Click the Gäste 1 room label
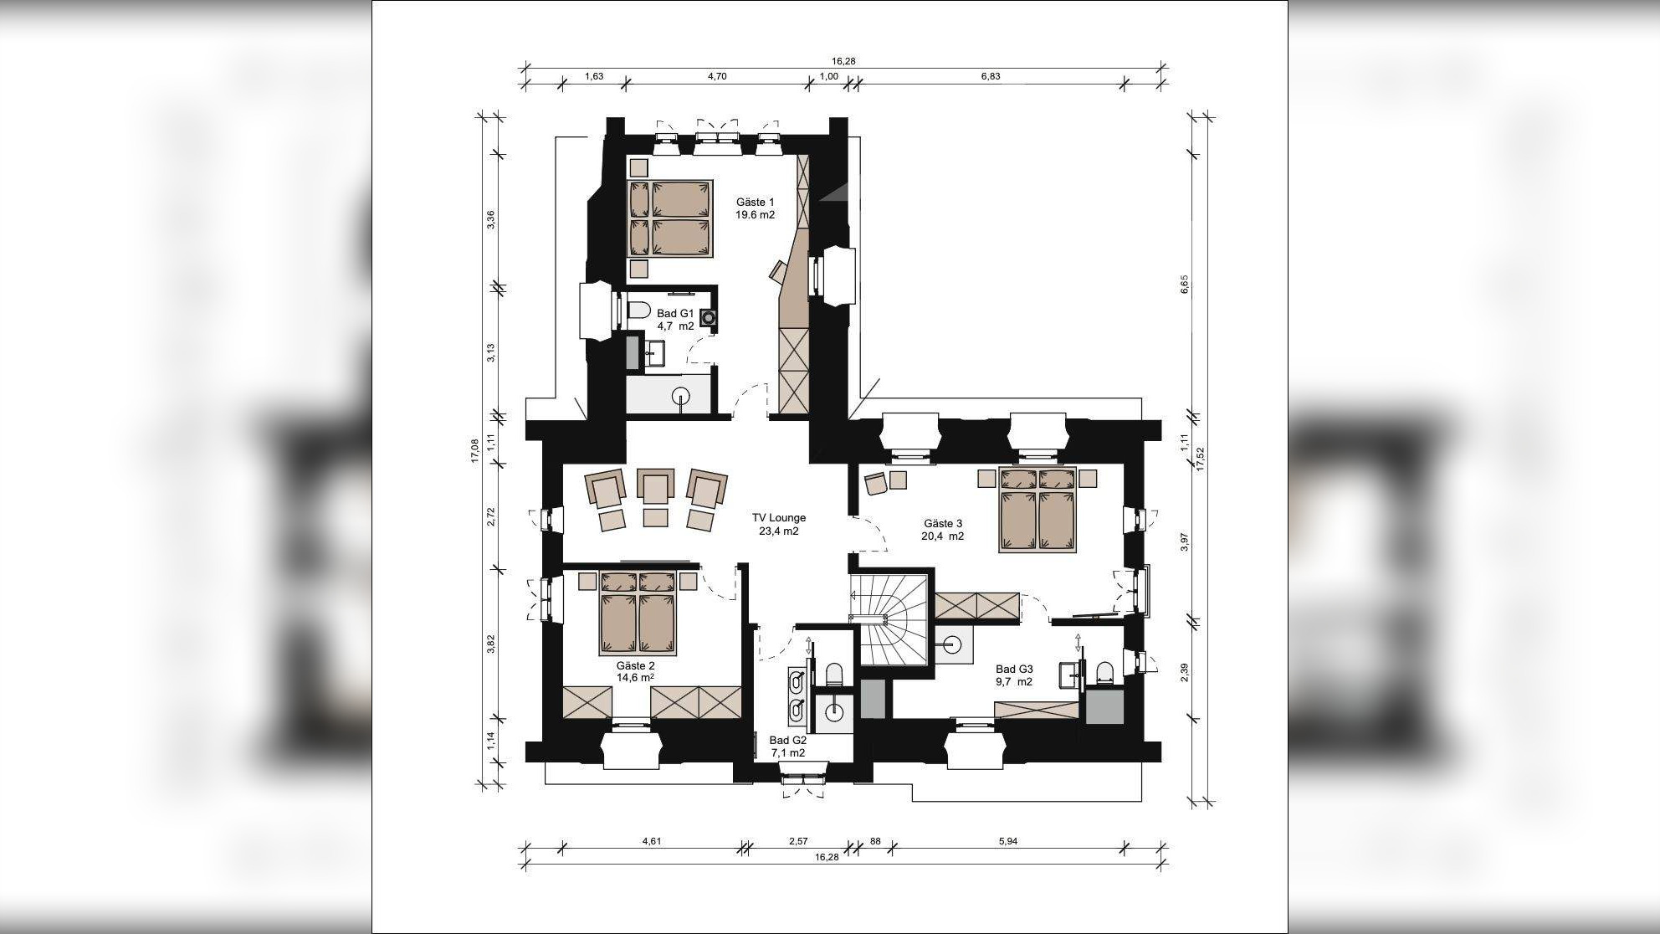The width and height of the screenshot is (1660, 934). click(755, 208)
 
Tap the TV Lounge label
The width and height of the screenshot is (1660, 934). click(778, 524)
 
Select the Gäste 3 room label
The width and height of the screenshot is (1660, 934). click(943, 530)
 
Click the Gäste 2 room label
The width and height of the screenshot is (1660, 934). click(635, 672)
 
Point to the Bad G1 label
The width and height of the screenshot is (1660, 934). click(674, 320)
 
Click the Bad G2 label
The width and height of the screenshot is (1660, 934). click(787, 747)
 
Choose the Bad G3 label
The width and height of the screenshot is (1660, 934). click(1014, 675)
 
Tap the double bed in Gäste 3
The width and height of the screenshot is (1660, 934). click(1037, 511)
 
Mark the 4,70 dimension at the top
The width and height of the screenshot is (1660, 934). click(717, 76)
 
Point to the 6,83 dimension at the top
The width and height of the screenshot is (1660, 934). click(990, 76)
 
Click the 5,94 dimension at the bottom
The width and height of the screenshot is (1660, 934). click(1007, 841)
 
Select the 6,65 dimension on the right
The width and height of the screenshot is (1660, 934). click(1184, 285)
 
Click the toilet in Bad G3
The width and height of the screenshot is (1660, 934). click(1105, 672)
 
